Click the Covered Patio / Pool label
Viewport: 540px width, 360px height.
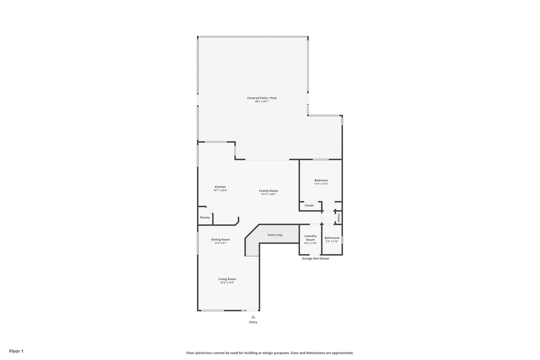(261, 98)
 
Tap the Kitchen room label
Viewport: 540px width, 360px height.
(220, 187)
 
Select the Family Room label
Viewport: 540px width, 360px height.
(268, 190)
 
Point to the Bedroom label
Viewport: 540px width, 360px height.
(321, 180)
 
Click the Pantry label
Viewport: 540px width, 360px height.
(205, 217)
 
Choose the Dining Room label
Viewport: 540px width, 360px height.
(220, 239)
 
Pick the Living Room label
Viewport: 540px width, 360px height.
(227, 279)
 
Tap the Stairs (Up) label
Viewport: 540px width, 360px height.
(275, 235)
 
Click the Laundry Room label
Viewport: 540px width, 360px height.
(310, 238)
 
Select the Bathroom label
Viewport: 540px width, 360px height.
(332, 238)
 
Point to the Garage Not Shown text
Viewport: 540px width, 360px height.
(315, 258)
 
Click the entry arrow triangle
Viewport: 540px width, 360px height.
(253, 316)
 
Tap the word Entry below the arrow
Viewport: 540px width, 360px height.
(253, 322)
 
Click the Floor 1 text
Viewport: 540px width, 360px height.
(16, 351)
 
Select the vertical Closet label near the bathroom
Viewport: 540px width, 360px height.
(339, 218)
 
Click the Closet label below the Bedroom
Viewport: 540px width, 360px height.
(309, 205)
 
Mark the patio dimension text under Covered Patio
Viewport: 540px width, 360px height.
(261, 101)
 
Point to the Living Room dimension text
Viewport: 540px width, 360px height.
(227, 282)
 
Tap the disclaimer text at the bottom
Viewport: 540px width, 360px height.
(270, 353)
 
